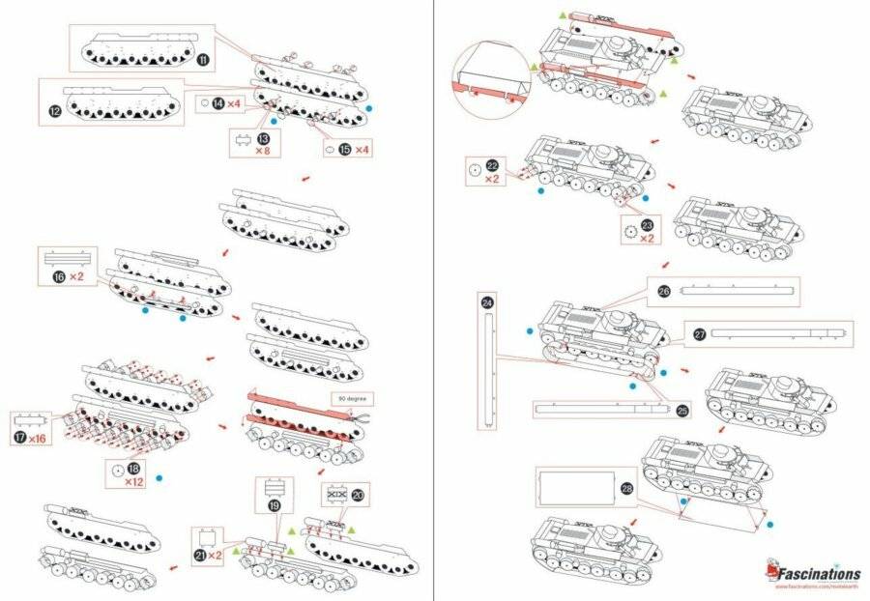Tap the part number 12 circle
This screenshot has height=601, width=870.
tap(55, 111)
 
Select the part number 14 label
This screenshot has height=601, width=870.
tap(218, 102)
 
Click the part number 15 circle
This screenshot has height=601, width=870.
tap(345, 150)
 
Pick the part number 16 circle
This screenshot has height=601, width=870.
tap(60, 277)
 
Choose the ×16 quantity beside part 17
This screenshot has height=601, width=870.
tap(38, 439)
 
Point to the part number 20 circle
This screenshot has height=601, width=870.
tap(359, 494)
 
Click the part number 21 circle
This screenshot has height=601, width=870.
tap(201, 556)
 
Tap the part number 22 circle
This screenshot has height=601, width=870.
tap(492, 166)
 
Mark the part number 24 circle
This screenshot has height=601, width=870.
tap(487, 302)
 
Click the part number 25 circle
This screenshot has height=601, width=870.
tap(681, 411)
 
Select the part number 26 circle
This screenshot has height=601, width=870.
tap(663, 290)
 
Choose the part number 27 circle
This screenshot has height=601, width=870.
tap(700, 334)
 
